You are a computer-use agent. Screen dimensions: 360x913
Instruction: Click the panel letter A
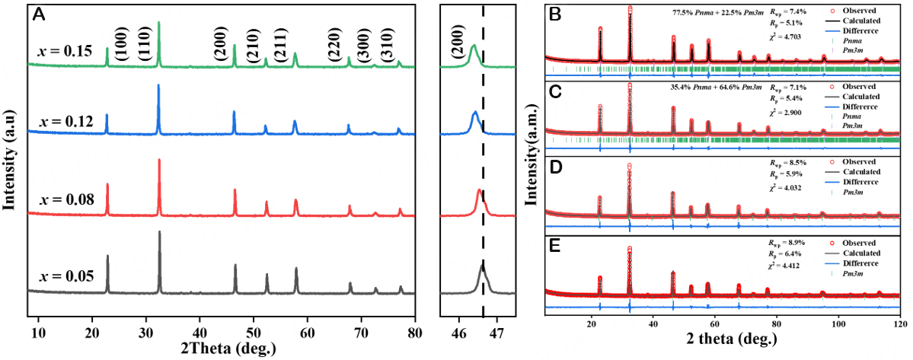pos(39,13)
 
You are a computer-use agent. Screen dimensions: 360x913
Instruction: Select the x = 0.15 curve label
pos(65,52)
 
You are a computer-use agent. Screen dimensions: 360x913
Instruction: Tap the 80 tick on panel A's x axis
pos(414,332)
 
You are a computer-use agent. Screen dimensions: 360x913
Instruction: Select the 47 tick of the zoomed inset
pos(496,332)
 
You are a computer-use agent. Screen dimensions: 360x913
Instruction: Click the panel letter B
pos(554,14)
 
